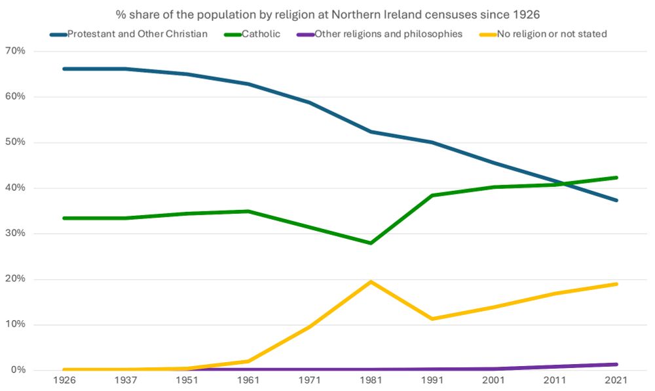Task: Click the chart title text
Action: coord(327,14)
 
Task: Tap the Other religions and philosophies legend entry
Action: coord(388,33)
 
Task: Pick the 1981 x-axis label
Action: coord(371,381)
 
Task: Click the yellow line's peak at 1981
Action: coord(371,281)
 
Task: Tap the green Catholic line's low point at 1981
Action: coord(371,243)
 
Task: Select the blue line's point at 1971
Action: coord(310,102)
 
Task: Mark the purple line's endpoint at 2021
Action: coord(616,364)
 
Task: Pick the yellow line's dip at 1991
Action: coord(432,319)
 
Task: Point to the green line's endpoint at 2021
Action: coord(616,177)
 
